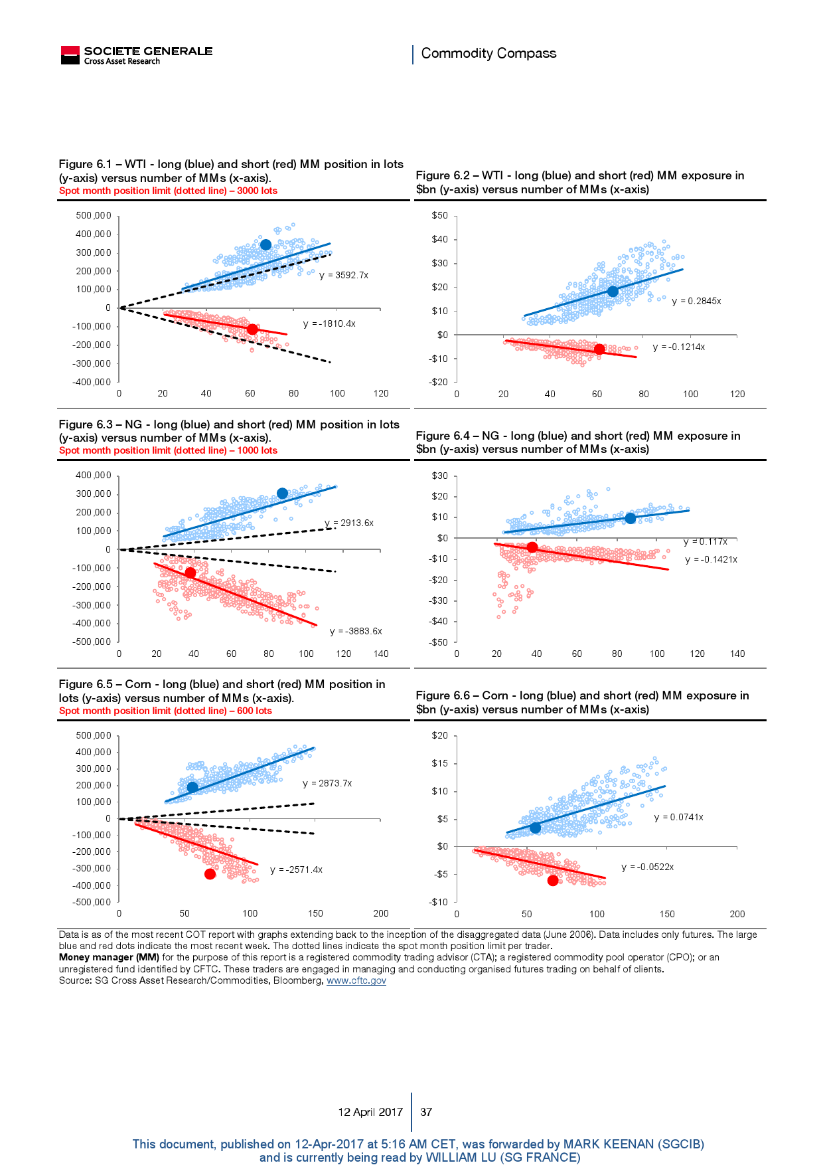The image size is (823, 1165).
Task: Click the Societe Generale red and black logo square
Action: (x=70, y=55)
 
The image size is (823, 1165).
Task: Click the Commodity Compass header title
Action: (x=488, y=53)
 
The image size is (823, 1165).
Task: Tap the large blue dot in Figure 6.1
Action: (x=265, y=245)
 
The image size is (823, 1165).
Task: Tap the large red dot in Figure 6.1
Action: (x=252, y=329)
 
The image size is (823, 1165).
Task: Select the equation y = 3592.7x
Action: (x=344, y=275)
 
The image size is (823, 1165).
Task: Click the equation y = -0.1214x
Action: (x=678, y=347)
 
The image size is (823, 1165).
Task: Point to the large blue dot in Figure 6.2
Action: (x=613, y=291)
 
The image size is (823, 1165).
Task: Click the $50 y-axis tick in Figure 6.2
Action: (x=439, y=215)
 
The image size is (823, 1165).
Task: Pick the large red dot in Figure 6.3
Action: (x=190, y=573)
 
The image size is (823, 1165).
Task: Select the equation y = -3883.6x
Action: (x=356, y=631)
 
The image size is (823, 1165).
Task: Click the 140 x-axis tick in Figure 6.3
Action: (x=381, y=654)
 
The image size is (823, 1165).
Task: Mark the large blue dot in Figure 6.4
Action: (x=630, y=518)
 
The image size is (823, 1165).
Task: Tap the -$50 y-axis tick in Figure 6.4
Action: (x=439, y=642)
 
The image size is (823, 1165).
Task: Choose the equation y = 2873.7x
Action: (x=327, y=783)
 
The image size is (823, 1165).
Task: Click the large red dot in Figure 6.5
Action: (x=210, y=874)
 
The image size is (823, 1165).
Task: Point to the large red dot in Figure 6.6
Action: (x=553, y=881)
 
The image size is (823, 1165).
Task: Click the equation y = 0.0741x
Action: (x=678, y=817)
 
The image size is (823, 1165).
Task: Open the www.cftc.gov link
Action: (x=356, y=980)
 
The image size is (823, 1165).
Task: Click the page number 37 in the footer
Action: (x=426, y=1112)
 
